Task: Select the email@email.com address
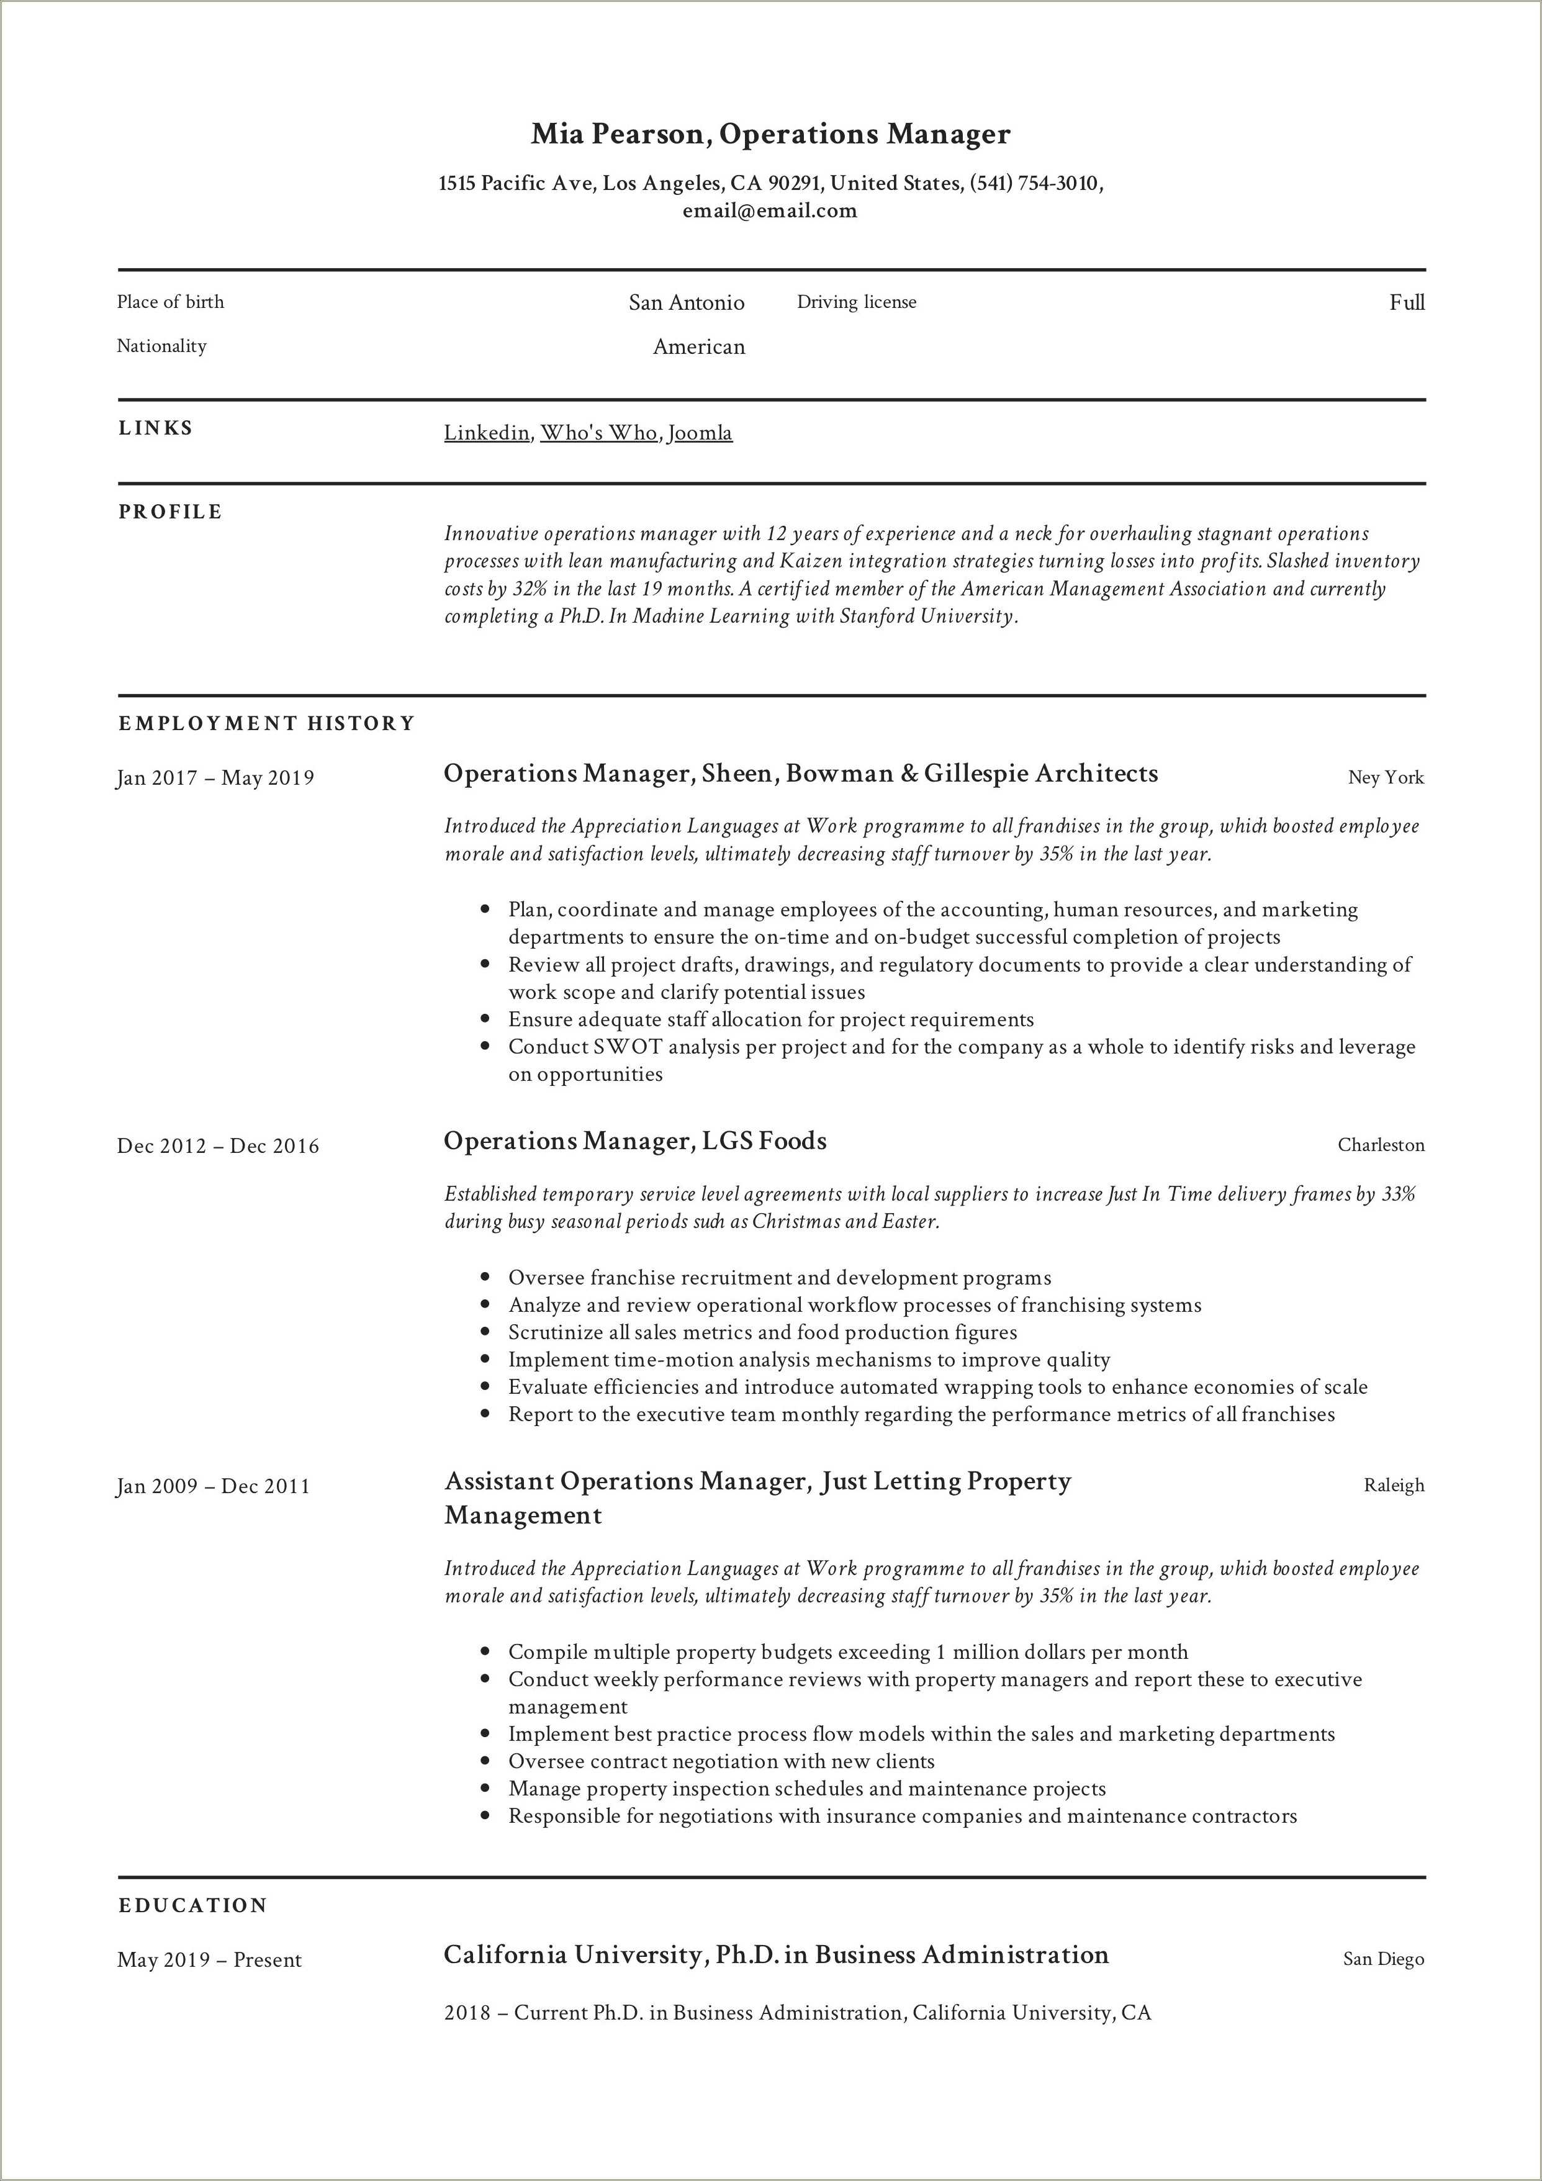click(x=770, y=211)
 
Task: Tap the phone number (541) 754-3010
click(x=1034, y=183)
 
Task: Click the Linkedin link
click(x=487, y=433)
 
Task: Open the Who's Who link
click(x=598, y=433)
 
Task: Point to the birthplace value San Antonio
click(x=686, y=303)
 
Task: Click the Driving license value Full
click(x=1406, y=303)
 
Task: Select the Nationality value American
click(x=698, y=346)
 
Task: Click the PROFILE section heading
click(x=170, y=512)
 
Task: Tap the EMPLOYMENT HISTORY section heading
click(x=267, y=724)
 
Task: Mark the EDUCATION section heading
click(x=193, y=1905)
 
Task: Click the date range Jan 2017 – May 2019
click(x=215, y=778)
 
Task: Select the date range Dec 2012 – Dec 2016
click(x=217, y=1145)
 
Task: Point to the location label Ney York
click(x=1385, y=778)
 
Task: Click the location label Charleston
click(x=1381, y=1145)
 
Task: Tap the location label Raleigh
click(x=1394, y=1486)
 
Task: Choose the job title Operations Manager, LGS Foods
click(x=634, y=1141)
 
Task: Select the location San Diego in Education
click(x=1383, y=1959)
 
